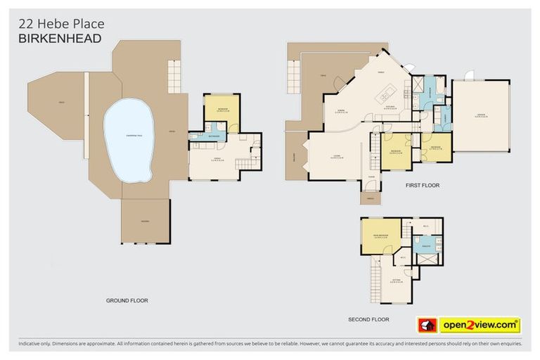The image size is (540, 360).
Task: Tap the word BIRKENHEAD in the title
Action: [x=60, y=39]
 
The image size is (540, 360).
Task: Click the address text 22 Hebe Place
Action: [x=60, y=24]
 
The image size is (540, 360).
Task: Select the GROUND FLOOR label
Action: [x=127, y=300]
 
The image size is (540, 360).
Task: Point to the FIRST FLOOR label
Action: [x=422, y=186]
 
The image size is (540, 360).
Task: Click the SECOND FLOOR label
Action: [x=368, y=319]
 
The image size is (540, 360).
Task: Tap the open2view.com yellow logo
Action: [x=480, y=325]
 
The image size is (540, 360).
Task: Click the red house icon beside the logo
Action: [x=427, y=325]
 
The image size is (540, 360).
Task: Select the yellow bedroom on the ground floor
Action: [x=221, y=110]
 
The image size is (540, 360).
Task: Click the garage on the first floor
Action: [x=481, y=115]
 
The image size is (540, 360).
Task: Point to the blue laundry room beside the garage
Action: [x=443, y=117]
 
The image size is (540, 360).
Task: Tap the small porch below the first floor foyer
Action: [x=370, y=198]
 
